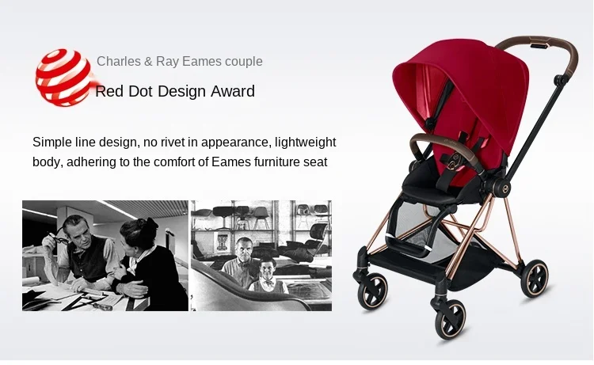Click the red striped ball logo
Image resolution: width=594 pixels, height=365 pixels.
(63, 78)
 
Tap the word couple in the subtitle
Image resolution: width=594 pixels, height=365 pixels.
(244, 62)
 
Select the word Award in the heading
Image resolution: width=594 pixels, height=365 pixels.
(233, 91)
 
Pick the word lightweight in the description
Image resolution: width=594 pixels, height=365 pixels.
(306, 143)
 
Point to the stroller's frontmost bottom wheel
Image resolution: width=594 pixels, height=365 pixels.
(451, 319)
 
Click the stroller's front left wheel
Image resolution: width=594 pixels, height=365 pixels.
(373, 291)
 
